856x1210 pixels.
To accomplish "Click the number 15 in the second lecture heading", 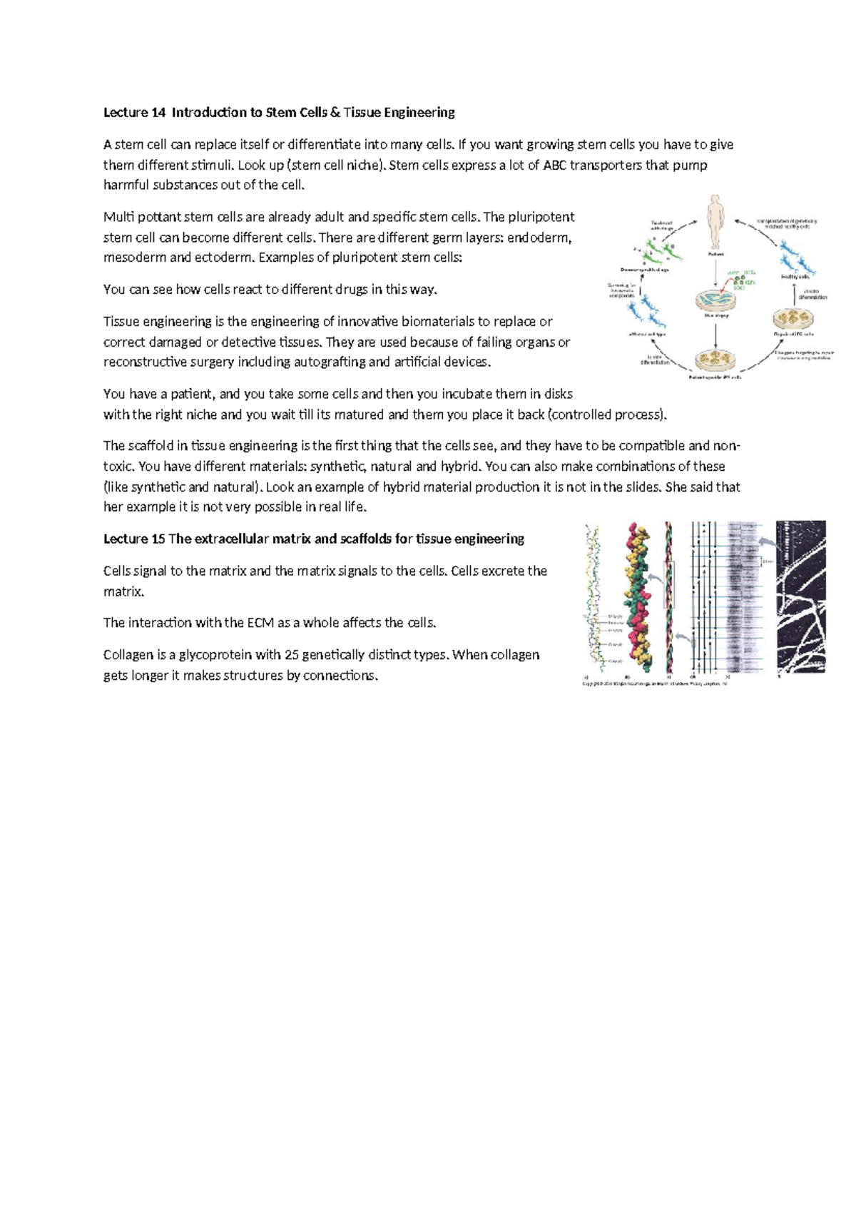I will [x=158, y=539].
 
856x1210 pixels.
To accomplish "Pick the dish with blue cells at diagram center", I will [x=715, y=301].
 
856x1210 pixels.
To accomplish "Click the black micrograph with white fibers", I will [x=800, y=596].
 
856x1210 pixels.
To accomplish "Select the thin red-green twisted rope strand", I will [x=669, y=597].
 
